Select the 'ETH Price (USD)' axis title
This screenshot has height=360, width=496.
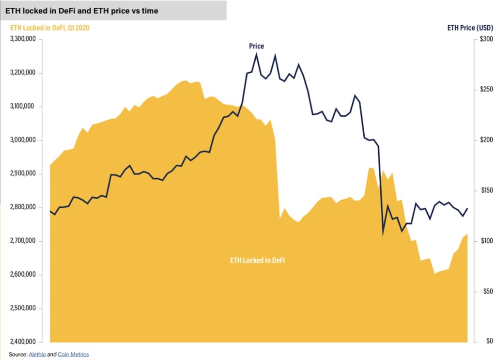470,28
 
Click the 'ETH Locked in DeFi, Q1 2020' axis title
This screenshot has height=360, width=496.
50,28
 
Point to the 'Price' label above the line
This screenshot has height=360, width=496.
256,46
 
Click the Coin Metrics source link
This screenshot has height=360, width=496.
73,354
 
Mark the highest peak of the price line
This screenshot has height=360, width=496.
256,54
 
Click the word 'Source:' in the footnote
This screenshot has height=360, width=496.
17,354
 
